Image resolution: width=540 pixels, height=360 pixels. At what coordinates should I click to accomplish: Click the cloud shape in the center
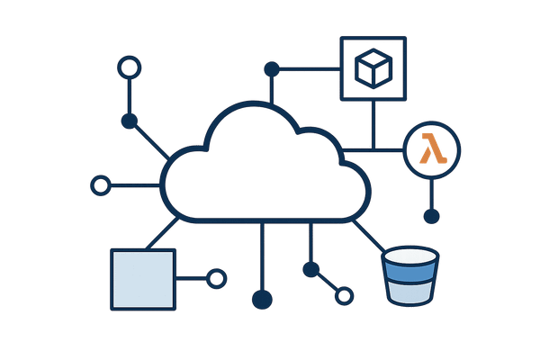coord(265,175)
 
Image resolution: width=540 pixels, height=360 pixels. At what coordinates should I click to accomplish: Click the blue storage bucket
coord(413,279)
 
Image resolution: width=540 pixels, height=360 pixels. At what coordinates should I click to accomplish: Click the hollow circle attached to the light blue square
coord(217,279)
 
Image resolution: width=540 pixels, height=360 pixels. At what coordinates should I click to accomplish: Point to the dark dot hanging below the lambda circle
coord(432,216)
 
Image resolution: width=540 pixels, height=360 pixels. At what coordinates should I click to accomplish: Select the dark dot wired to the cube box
coord(271,67)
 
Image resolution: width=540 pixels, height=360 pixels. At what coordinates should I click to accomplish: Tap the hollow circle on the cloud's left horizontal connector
coord(100,186)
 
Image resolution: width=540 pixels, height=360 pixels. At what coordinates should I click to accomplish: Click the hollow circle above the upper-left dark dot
coord(130,67)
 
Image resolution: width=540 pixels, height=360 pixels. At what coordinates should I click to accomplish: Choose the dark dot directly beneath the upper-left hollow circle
coord(130,121)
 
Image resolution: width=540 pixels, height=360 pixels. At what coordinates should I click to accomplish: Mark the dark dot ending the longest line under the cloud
coord(262,299)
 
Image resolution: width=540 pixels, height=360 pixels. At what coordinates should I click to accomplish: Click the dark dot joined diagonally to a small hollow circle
coord(311,269)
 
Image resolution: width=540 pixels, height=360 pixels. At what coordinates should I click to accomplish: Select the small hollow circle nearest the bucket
coord(344,293)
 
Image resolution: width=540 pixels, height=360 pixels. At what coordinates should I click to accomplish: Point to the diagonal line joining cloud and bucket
coord(369,236)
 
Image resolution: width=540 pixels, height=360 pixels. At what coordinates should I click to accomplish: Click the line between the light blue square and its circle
coord(191,279)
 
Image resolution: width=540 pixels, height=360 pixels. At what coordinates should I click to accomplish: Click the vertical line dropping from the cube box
coord(371,121)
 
